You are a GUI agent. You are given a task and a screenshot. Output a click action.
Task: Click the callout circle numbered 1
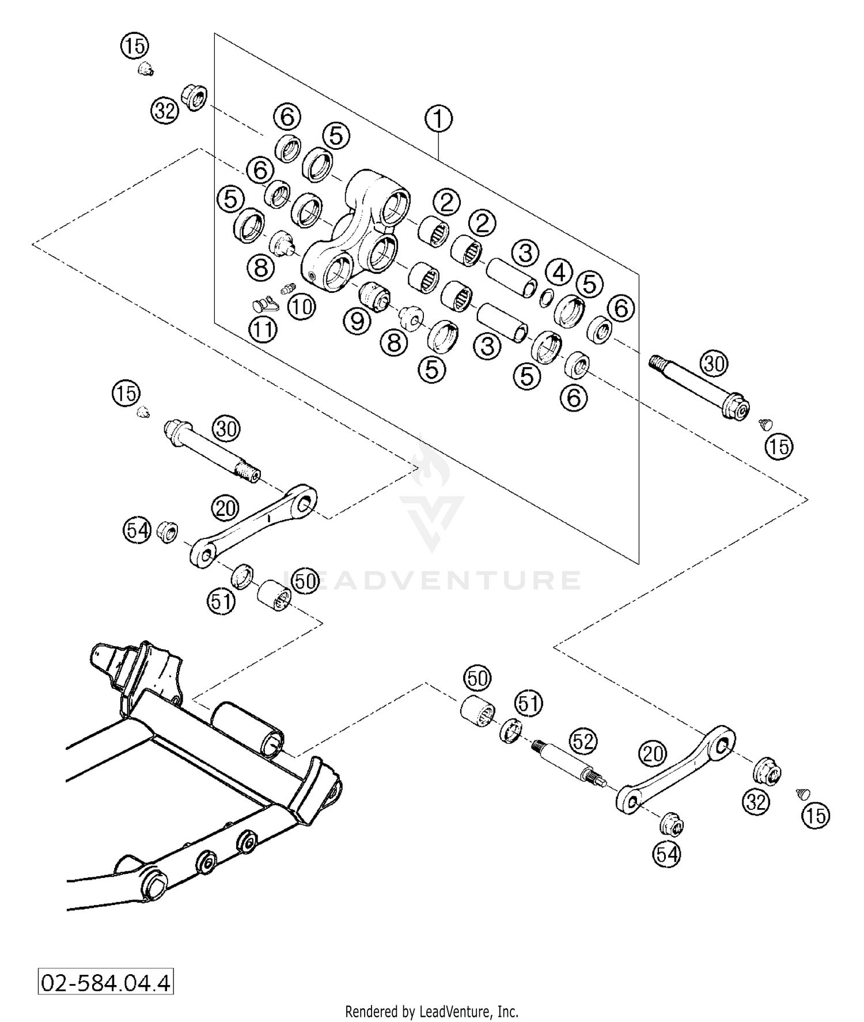pyautogui.click(x=439, y=119)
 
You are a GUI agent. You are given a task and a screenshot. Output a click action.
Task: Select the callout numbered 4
pyautogui.click(x=559, y=273)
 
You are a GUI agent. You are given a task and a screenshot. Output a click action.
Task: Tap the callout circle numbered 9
pyautogui.click(x=358, y=320)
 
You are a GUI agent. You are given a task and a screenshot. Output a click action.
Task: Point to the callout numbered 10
pyautogui.click(x=301, y=306)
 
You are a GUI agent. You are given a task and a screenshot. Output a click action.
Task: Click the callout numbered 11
pyautogui.click(x=263, y=329)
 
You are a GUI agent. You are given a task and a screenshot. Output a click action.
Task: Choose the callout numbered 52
pyautogui.click(x=583, y=741)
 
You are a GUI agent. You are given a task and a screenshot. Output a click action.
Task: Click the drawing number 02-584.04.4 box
pyautogui.click(x=105, y=982)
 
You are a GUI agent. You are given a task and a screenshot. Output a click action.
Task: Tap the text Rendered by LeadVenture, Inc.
pyautogui.click(x=431, y=1012)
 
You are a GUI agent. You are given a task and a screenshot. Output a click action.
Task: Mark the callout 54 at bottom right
pyautogui.click(x=667, y=854)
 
